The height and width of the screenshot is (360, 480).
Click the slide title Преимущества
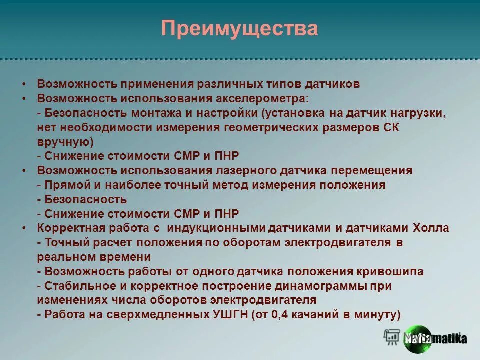click(x=239, y=28)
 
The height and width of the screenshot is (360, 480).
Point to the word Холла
click(x=431, y=228)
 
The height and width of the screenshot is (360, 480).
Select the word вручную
click(x=65, y=142)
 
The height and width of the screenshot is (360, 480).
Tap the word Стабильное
click(x=76, y=286)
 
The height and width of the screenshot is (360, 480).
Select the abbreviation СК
click(x=390, y=127)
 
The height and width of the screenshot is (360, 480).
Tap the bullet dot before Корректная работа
click(x=24, y=228)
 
